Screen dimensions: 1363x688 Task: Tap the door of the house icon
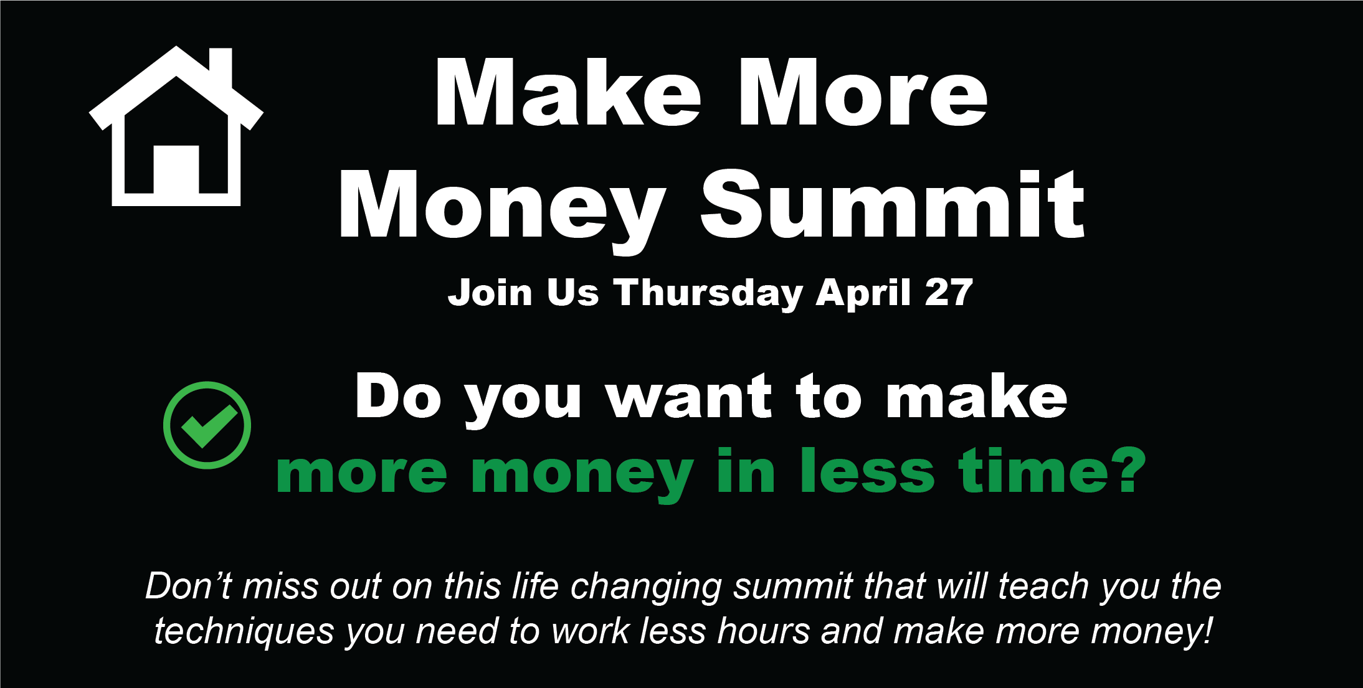[x=176, y=169]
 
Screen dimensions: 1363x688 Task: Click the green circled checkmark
[x=207, y=425]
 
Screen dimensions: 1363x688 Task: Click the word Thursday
[x=708, y=293]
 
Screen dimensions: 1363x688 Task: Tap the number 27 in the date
[x=949, y=292]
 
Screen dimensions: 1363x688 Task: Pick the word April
[x=864, y=293]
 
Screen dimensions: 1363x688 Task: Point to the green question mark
[x=1129, y=470]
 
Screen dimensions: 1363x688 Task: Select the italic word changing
[x=646, y=588]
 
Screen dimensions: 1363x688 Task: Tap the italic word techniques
[x=244, y=632]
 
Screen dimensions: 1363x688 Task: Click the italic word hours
[x=763, y=631]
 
